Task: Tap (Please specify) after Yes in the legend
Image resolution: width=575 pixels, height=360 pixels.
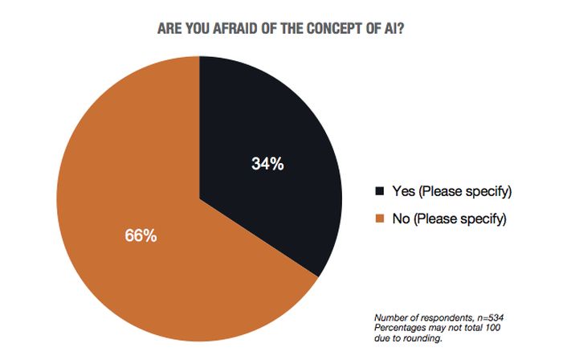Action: tap(465, 192)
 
